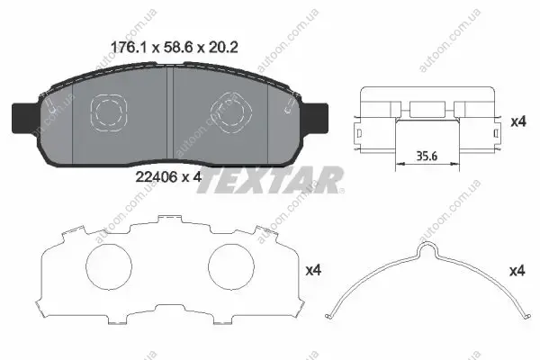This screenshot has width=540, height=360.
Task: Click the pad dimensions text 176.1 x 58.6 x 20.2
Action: coord(174,47)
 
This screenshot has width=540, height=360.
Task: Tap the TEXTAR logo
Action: coord(271,180)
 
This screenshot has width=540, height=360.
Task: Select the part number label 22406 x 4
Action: coord(168,177)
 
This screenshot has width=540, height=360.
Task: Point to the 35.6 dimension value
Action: coord(427,156)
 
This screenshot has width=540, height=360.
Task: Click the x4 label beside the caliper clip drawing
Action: coord(518,121)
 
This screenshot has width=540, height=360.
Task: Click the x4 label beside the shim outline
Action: coord(313,270)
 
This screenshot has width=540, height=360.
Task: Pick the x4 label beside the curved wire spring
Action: coord(517,271)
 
